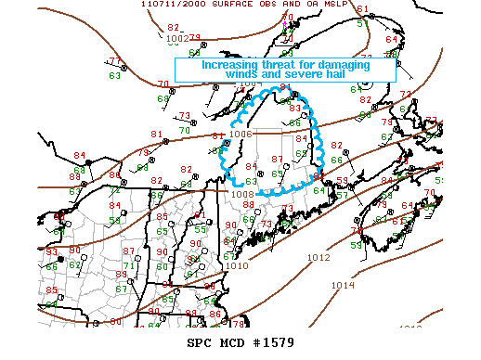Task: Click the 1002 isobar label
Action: (x=178, y=38)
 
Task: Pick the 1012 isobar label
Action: (x=318, y=258)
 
